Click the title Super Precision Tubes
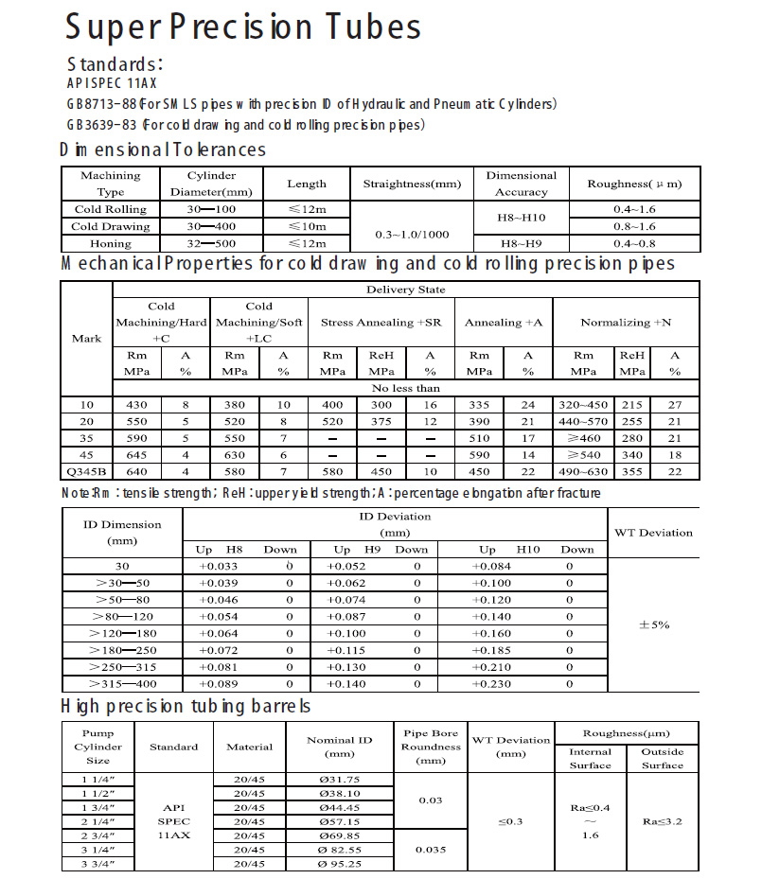[242, 26]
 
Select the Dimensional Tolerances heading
[163, 149]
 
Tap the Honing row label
[111, 243]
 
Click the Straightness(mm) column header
[412, 184]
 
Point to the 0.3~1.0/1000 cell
[412, 234]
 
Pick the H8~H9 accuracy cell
[522, 243]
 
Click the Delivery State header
[405, 290]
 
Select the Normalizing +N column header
[626, 323]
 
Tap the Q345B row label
[87, 471]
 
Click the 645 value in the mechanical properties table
[136, 454]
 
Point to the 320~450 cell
[583, 404]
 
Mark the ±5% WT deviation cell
[654, 624]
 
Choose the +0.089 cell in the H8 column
[218, 684]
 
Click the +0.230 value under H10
[491, 684]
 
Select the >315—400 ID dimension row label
[123, 684]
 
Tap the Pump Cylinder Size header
[98, 746]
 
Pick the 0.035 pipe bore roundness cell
[431, 850]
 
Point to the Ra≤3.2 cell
[663, 821]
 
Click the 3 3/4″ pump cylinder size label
[98, 864]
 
